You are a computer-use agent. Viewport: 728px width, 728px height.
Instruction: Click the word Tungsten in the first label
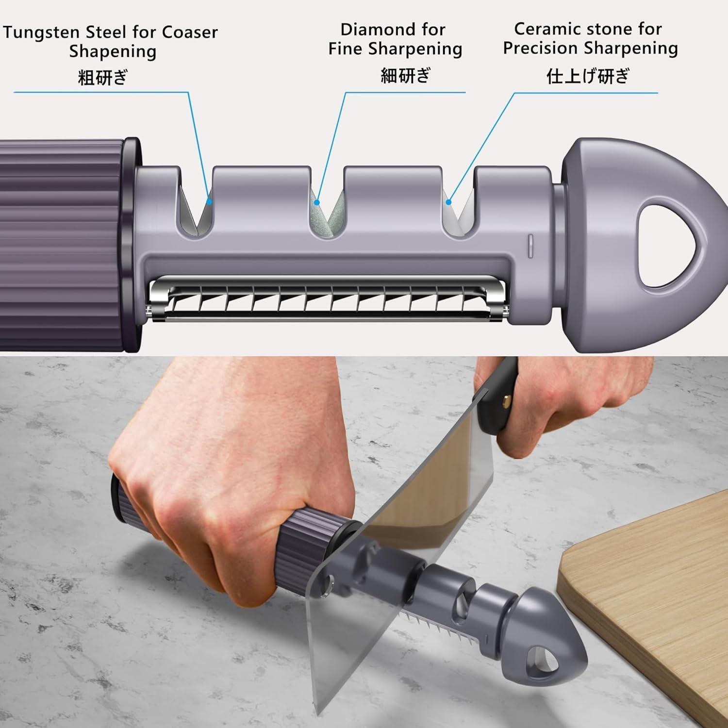pyautogui.click(x=42, y=33)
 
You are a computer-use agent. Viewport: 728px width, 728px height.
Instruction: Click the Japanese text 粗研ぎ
pyautogui.click(x=102, y=77)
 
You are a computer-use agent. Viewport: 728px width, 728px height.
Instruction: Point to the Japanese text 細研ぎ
pyautogui.click(x=406, y=75)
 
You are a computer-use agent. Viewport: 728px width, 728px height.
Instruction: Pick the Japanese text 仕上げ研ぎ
pyautogui.click(x=588, y=76)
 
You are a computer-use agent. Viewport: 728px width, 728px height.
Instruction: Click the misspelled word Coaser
pyautogui.click(x=190, y=33)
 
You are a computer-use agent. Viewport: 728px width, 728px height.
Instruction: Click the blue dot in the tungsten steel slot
pyautogui.click(x=209, y=201)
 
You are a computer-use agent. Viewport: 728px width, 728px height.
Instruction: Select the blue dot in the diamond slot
pyautogui.click(x=317, y=202)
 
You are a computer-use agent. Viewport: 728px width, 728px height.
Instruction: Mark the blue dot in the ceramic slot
pyautogui.click(x=449, y=201)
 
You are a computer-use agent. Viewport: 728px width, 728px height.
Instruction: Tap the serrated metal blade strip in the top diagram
pyautogui.click(x=328, y=299)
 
